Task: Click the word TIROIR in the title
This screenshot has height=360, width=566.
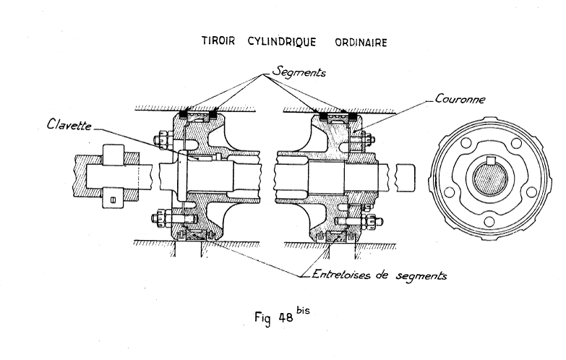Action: [x=220, y=42]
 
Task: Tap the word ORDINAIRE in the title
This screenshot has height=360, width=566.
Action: [x=360, y=42]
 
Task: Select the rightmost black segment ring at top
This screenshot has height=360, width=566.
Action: [x=352, y=116]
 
